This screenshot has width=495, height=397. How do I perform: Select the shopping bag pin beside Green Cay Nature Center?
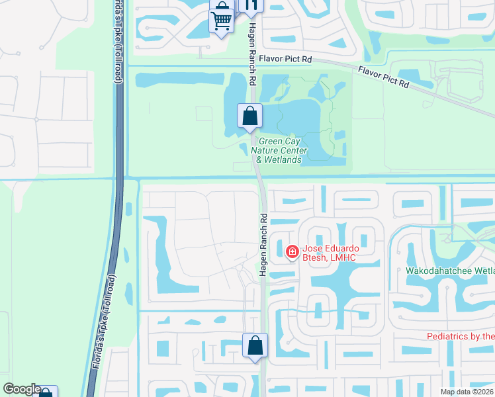[249, 116]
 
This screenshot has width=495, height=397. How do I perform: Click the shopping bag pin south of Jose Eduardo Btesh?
[255, 345]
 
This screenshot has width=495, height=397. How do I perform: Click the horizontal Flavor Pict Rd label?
[285, 59]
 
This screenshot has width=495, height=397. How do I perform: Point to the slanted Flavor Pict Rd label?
[384, 78]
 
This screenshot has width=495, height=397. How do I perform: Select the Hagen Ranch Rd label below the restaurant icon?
[252, 53]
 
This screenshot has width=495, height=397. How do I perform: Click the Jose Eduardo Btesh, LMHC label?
[334, 253]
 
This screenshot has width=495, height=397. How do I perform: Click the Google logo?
[22, 389]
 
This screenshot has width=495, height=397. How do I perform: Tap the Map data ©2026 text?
[467, 392]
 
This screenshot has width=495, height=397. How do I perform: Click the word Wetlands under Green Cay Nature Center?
[286, 159]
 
